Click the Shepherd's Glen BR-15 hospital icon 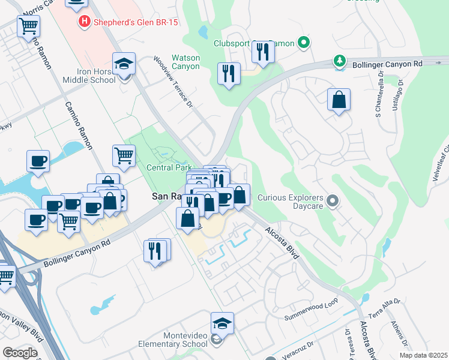(85, 23)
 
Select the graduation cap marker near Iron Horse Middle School (124, 64)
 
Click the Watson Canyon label (185, 62)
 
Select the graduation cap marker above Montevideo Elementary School (222, 324)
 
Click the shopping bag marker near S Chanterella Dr (339, 100)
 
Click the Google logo (20, 352)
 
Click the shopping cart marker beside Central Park (124, 156)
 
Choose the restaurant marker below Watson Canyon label (229, 74)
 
